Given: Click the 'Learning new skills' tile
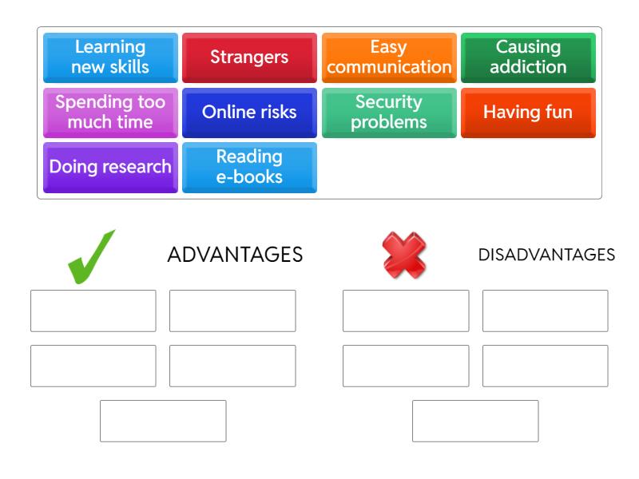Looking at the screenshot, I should pyautogui.click(x=110, y=57).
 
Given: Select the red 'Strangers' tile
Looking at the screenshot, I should pyautogui.click(x=249, y=57).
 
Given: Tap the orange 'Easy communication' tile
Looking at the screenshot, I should pyautogui.click(x=389, y=57).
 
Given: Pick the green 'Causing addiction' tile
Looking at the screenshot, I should pyautogui.click(x=528, y=57).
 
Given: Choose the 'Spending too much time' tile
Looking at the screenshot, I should pyautogui.click(x=110, y=113).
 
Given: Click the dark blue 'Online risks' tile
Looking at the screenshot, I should pyautogui.click(x=249, y=113).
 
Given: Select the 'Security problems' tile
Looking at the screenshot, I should pyautogui.click(x=389, y=113).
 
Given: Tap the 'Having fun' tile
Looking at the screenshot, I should pyautogui.click(x=528, y=113).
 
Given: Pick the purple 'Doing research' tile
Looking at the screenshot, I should pyautogui.click(x=110, y=168).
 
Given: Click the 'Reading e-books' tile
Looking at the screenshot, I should pyautogui.click(x=249, y=168).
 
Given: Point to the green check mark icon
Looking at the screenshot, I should pyautogui.click(x=90, y=256).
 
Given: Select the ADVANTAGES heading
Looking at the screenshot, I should pyautogui.click(x=235, y=255).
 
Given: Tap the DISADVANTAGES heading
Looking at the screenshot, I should pyautogui.click(x=546, y=255).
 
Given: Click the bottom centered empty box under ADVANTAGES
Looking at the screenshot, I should pyautogui.click(x=163, y=421).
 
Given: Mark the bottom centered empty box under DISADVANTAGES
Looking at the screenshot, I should pyautogui.click(x=475, y=421).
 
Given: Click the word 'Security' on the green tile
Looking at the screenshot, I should pyautogui.click(x=389, y=103).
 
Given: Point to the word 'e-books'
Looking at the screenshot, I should pyautogui.click(x=250, y=176).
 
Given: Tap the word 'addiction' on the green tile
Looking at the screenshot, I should pyautogui.click(x=528, y=67).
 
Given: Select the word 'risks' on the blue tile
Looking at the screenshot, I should pyautogui.click(x=276, y=113).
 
